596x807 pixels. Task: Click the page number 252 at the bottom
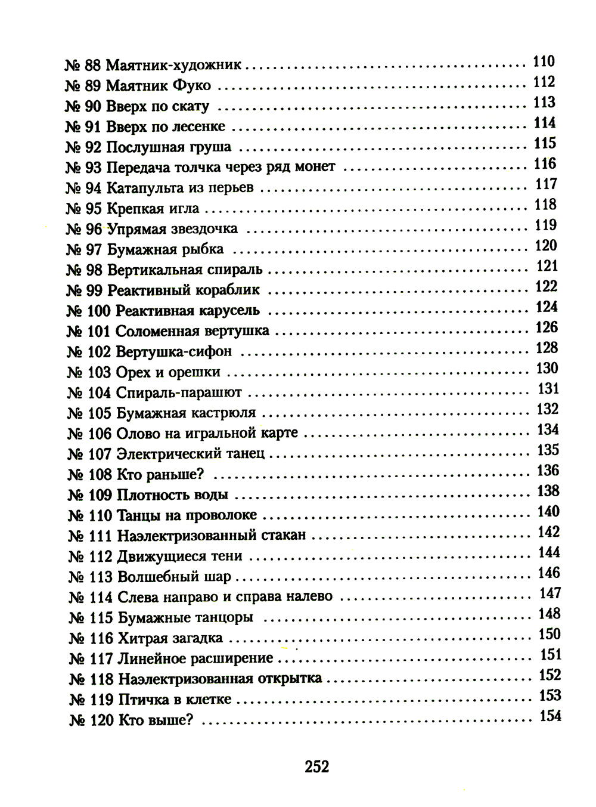pyautogui.click(x=316, y=766)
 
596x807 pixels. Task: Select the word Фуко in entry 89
pyautogui.click(x=191, y=85)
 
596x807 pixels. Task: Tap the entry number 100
pyautogui.click(x=98, y=311)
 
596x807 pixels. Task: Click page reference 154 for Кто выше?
pyautogui.click(x=550, y=716)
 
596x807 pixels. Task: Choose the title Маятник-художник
pyautogui.click(x=173, y=65)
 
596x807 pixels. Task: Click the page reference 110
pyautogui.click(x=544, y=61)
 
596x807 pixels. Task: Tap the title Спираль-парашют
pyautogui.click(x=179, y=392)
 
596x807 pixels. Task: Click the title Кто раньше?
pyautogui.click(x=160, y=475)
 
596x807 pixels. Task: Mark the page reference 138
pyautogui.click(x=548, y=491)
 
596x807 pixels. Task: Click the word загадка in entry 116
pyautogui.click(x=197, y=638)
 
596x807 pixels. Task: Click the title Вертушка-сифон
pyautogui.click(x=173, y=352)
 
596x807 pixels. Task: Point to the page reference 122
pyautogui.click(x=546, y=286)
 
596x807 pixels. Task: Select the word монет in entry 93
pyautogui.click(x=315, y=167)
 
